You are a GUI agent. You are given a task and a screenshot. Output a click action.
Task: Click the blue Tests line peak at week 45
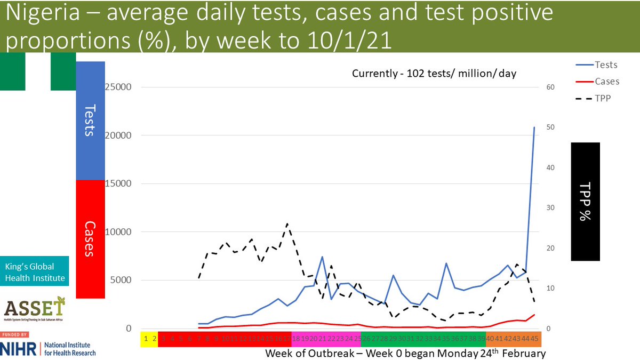tap(534, 127)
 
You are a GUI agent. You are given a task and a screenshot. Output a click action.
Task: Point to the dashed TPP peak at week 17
tap(287, 224)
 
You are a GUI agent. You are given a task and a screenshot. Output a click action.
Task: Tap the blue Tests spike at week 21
tap(322, 257)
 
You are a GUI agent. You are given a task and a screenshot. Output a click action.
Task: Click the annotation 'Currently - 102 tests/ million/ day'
tap(434, 74)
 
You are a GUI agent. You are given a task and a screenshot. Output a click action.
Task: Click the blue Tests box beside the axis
tap(90, 121)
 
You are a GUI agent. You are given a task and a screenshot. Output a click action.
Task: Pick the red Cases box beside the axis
tap(90, 239)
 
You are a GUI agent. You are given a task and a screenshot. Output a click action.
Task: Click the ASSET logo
tap(35, 310)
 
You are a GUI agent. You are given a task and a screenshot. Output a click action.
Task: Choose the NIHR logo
tap(48, 349)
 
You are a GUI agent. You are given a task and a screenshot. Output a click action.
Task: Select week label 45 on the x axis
tap(534, 338)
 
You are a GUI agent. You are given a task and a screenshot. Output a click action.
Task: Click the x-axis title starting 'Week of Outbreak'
tap(405, 354)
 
